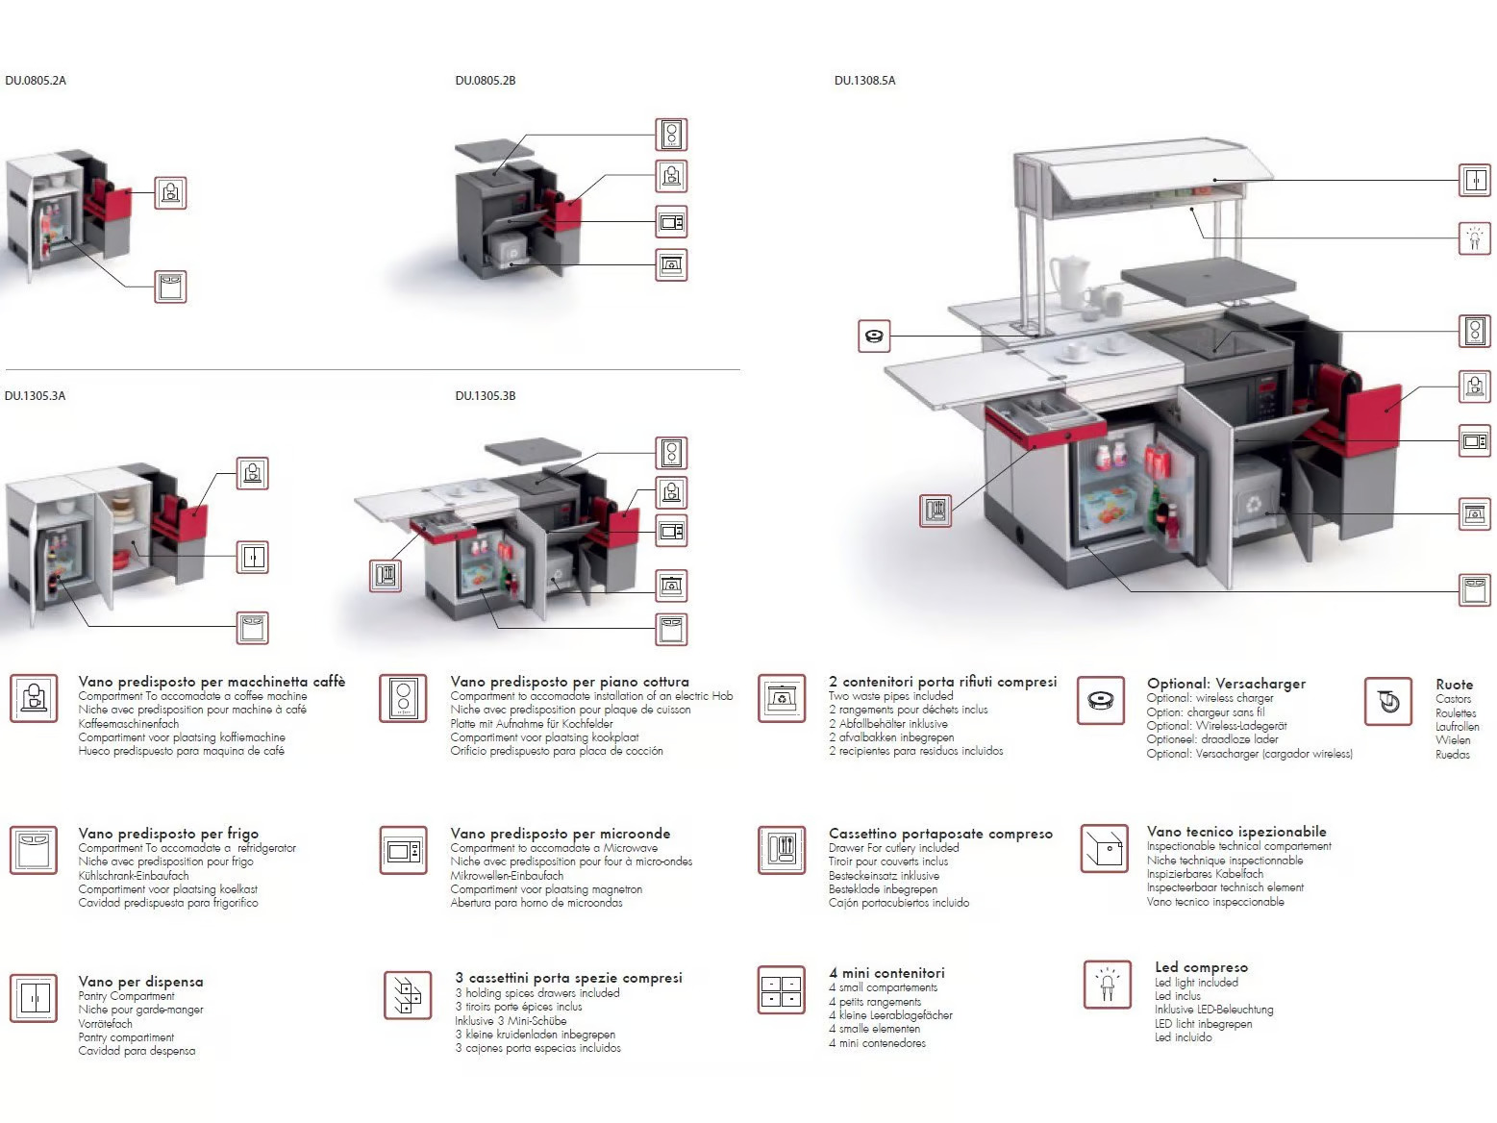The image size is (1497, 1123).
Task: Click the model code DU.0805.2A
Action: point(36,81)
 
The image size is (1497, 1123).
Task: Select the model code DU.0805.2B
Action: point(485,81)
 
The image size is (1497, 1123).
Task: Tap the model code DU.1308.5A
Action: point(864,81)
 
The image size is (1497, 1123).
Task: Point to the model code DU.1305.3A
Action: point(35,396)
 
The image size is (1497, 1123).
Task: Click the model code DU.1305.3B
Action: point(485,396)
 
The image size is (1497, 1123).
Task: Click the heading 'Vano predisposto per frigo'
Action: point(168,834)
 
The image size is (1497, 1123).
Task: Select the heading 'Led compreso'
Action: point(1201,967)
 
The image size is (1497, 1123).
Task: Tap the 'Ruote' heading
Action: point(1454,684)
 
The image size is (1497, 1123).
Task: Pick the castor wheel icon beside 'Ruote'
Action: point(1388,701)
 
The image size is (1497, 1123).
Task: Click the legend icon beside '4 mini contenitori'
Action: point(782,989)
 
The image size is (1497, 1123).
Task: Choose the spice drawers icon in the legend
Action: point(407,995)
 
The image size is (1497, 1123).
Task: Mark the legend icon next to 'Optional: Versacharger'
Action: point(1101,700)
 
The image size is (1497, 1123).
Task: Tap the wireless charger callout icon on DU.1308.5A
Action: point(874,337)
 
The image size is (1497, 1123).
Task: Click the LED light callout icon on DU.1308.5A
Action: point(1475,237)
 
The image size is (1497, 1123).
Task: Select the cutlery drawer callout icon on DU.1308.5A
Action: point(936,511)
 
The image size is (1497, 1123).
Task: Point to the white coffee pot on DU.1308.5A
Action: point(1066,281)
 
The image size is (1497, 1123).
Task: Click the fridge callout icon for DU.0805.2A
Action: point(170,287)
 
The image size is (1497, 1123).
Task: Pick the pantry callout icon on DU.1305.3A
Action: point(252,558)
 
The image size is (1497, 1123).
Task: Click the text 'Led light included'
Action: point(1196,983)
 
